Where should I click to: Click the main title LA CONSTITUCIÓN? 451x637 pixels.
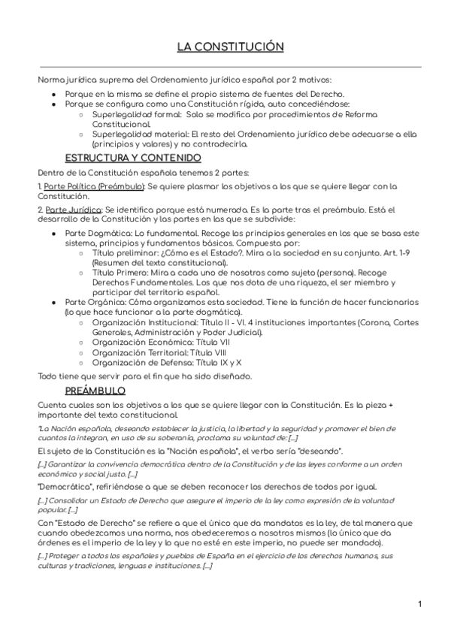pos(230,47)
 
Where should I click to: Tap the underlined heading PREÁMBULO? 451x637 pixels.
pos(95,391)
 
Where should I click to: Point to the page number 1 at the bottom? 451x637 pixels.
pos(419,604)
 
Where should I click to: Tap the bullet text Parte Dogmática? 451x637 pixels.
pos(97,234)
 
